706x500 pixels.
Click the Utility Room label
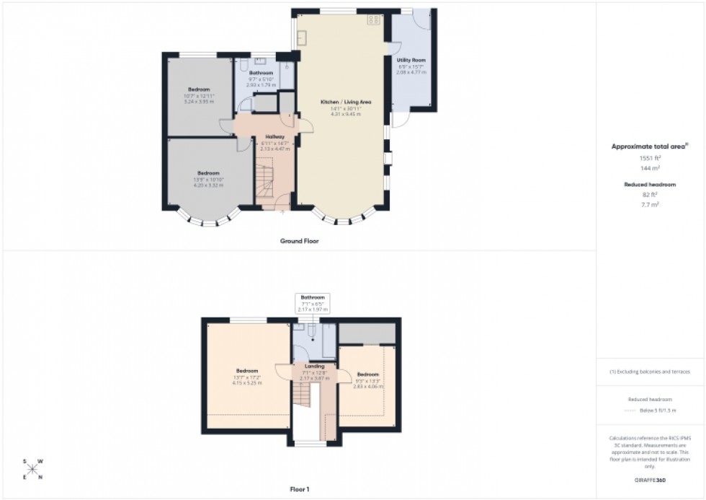(x=411, y=60)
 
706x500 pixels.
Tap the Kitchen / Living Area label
(x=341, y=102)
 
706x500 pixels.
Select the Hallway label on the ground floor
(x=274, y=136)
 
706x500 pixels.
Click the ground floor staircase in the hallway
(x=266, y=179)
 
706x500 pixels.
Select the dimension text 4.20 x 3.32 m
(x=209, y=185)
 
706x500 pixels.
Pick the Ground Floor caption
(x=299, y=241)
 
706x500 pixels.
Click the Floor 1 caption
(x=299, y=490)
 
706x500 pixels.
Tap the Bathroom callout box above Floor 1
(x=313, y=303)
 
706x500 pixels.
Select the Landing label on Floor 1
(x=314, y=367)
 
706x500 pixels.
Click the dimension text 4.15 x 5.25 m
(x=246, y=383)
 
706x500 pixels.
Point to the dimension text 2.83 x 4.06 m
(x=367, y=386)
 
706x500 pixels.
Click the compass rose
(x=32, y=469)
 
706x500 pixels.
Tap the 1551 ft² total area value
(x=650, y=157)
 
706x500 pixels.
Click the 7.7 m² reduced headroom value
(x=650, y=204)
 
